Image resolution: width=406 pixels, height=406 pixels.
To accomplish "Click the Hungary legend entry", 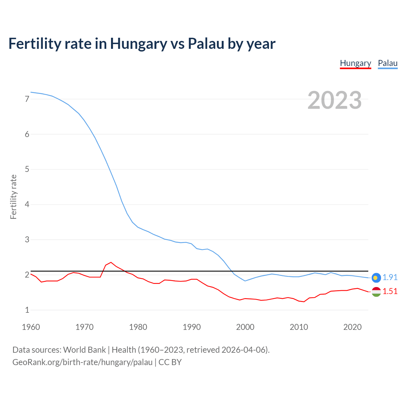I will pos(355,63).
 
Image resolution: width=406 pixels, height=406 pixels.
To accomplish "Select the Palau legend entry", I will pos(388,63).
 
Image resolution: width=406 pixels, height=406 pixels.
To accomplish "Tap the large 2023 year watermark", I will pos(335,100).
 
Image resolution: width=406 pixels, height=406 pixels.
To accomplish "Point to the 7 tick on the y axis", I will pos(27,99).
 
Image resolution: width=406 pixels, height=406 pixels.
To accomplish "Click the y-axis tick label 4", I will pos(27,204).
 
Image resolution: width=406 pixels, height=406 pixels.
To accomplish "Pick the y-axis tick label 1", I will pos(27,310).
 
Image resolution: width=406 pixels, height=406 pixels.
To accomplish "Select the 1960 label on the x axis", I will pos(31,327).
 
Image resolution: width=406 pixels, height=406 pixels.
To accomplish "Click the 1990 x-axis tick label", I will pos(192,327).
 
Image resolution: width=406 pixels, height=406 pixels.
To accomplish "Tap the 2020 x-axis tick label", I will pos(352,327).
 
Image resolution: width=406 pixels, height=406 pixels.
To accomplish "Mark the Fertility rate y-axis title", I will pos(13,197).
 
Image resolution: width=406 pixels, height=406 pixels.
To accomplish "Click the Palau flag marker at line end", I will pos(376,278).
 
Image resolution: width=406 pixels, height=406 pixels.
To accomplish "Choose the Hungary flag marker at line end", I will pos(376,291).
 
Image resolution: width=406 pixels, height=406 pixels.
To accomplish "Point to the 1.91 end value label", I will pos(390,277).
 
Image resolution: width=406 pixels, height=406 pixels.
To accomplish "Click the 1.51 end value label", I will pos(390,291).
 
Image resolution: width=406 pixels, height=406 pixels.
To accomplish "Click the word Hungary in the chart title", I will pos(138,44).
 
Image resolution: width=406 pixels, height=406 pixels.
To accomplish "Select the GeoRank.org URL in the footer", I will pos(82,362).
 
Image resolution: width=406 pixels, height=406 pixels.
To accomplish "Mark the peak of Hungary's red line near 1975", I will pos(111,262).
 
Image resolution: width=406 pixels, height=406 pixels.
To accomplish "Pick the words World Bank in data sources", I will pos(84,350).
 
